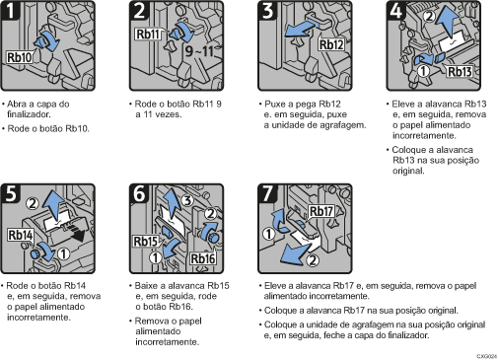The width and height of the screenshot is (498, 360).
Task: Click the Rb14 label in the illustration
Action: [x=20, y=236]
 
